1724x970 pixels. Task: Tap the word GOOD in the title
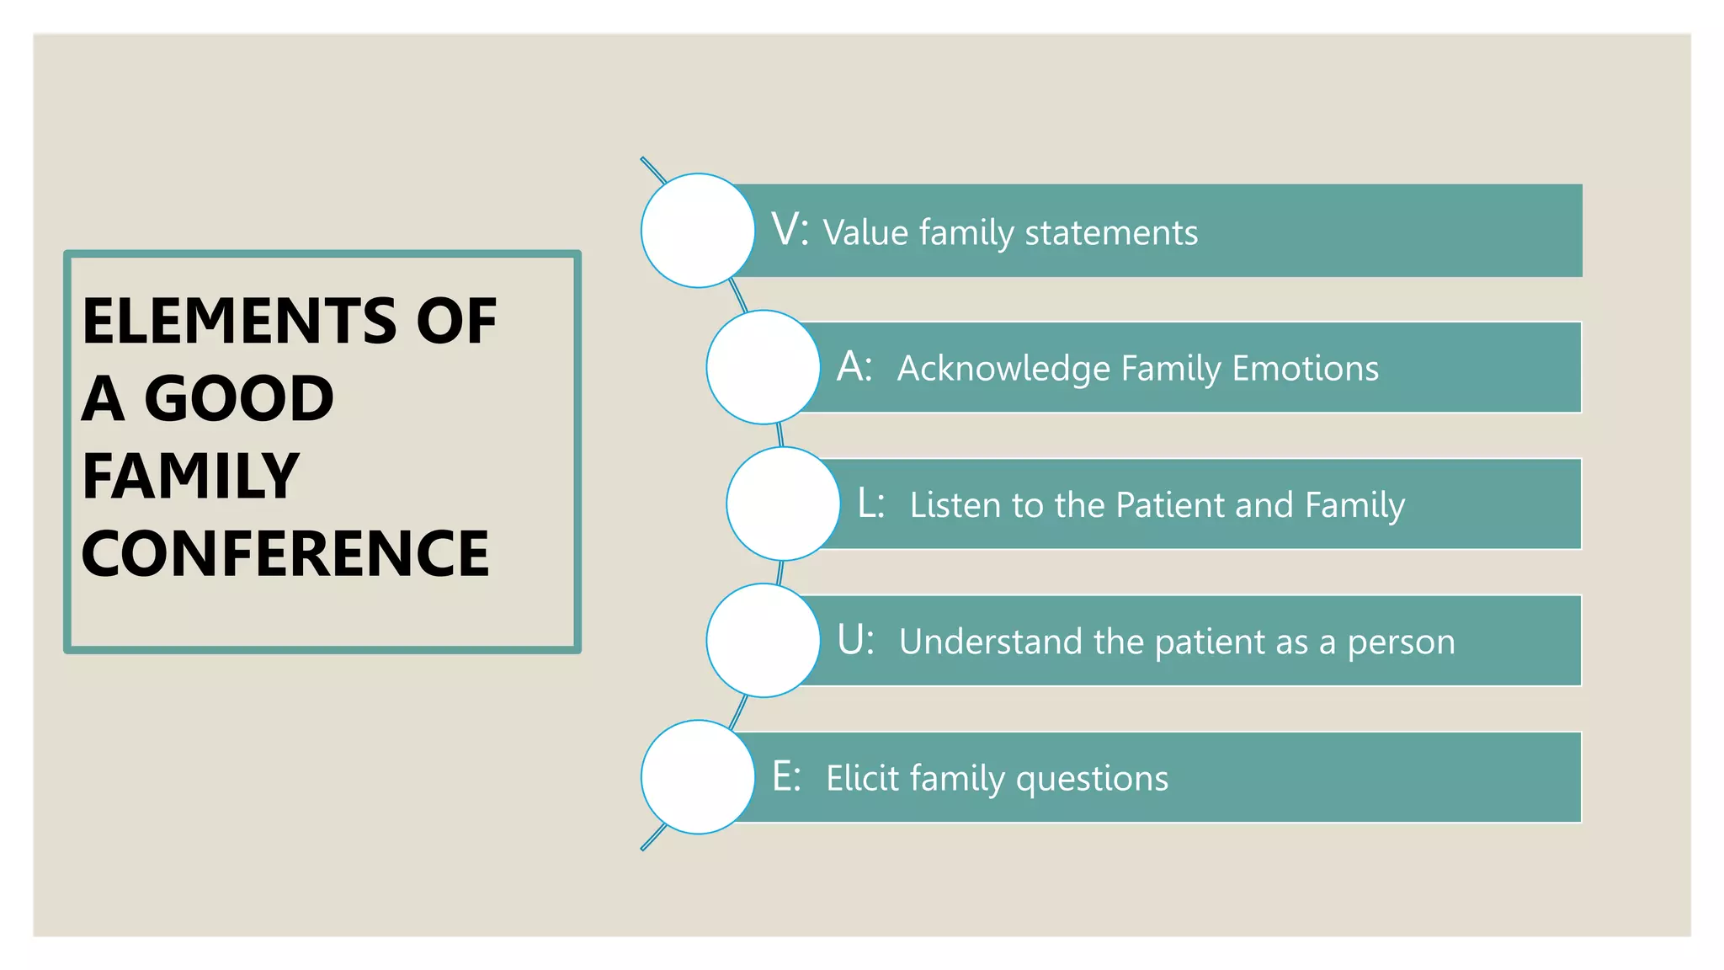coord(239,398)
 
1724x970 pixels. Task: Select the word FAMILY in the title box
coord(191,477)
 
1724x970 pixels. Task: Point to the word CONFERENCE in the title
coord(285,554)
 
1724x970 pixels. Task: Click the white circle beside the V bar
coord(698,231)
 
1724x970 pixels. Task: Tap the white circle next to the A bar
coord(763,367)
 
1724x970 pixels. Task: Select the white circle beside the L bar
coord(783,504)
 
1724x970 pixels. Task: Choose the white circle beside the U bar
coord(763,641)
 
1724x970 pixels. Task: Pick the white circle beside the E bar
coord(698,777)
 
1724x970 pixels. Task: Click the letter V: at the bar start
coord(790,229)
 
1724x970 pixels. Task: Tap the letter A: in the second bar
coord(854,366)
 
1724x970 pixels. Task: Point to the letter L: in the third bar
coord(870,503)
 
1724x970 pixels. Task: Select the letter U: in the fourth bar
coord(855,640)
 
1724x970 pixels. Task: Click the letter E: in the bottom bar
coord(786,776)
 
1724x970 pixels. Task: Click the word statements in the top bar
coord(1111,232)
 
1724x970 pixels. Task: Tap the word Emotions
coord(1306,368)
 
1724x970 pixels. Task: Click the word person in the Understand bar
coord(1401,643)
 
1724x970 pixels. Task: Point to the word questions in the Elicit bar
coord(1092,780)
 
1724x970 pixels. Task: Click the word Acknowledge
coord(1003,369)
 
